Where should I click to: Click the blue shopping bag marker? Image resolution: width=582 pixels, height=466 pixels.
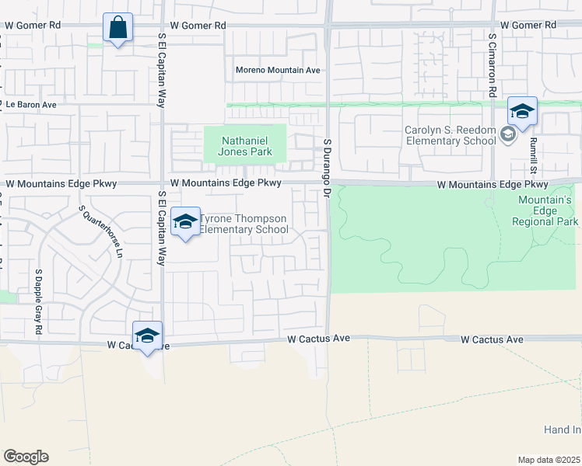117,29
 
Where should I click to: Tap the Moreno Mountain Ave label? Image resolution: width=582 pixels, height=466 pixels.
279,71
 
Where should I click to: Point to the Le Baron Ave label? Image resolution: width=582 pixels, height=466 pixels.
31,105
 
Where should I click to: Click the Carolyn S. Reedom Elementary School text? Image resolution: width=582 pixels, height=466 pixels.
450,135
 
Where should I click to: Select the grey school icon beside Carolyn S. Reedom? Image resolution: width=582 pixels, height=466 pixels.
508,135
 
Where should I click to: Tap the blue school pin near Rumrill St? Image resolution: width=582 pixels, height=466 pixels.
522,112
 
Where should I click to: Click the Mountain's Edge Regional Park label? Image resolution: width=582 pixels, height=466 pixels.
545,210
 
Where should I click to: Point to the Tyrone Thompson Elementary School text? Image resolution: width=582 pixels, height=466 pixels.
244,224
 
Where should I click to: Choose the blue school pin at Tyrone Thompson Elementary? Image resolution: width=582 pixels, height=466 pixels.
185,222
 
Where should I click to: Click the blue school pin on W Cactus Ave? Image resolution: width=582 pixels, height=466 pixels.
147,336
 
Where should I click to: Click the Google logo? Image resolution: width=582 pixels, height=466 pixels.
26,456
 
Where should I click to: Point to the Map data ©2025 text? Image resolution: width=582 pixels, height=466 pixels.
549,460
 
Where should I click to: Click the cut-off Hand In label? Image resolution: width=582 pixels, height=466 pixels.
562,429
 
